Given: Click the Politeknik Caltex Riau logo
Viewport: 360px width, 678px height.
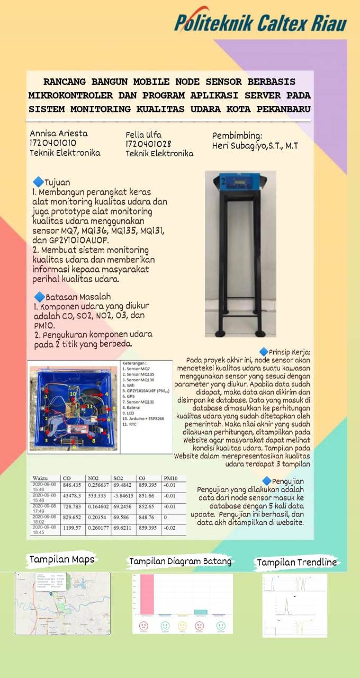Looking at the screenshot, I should pyautogui.click(x=260, y=22).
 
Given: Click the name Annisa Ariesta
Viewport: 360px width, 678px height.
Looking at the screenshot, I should pyautogui.click(x=59, y=133).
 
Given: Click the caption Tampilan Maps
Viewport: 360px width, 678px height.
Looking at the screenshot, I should pyautogui.click(x=61, y=559).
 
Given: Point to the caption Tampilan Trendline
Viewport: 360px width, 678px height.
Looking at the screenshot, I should pyautogui.click(x=296, y=562).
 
